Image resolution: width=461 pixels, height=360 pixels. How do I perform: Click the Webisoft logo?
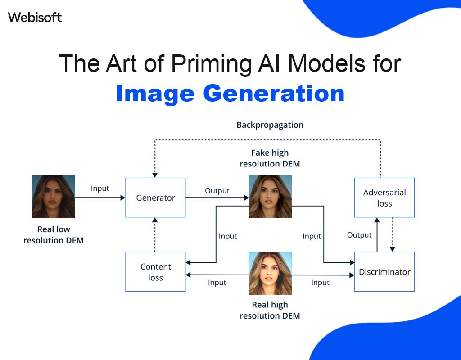click(x=35, y=18)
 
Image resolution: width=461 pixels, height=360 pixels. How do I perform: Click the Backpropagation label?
click(x=270, y=125)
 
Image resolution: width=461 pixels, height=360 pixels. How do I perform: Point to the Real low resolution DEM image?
click(x=54, y=197)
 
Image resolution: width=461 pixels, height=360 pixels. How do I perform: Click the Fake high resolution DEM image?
click(x=270, y=196)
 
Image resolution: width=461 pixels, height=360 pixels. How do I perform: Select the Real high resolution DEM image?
click(x=270, y=273)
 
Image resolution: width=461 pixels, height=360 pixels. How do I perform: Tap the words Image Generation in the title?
click(x=230, y=94)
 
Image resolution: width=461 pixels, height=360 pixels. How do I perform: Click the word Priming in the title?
click(x=211, y=64)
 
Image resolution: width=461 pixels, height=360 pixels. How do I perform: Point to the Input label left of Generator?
click(x=100, y=189)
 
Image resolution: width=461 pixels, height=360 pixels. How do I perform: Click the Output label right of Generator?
click(x=217, y=191)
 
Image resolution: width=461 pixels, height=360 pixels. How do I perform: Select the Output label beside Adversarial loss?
click(x=359, y=235)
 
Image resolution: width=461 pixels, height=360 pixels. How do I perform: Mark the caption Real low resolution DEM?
click(x=54, y=235)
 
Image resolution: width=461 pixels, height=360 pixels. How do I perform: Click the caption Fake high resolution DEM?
click(x=270, y=158)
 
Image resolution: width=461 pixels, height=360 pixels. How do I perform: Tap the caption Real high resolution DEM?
click(x=270, y=310)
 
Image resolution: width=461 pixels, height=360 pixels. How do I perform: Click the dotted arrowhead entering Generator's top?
click(x=155, y=175)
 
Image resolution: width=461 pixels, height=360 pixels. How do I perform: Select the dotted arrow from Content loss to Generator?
click(x=155, y=234)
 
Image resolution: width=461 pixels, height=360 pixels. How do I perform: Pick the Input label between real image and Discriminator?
click(x=320, y=283)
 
